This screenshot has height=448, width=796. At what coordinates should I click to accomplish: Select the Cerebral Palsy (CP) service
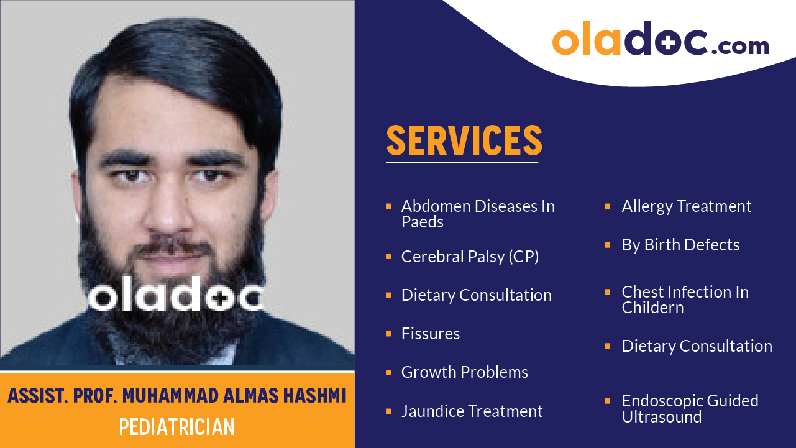[x=470, y=257]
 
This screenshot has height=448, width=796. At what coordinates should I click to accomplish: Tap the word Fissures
[x=431, y=334]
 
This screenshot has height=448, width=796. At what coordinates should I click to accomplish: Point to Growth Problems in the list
[x=464, y=372]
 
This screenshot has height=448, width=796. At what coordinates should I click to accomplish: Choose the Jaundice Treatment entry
[x=472, y=411]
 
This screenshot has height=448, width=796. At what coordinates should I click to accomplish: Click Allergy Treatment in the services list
[x=687, y=206]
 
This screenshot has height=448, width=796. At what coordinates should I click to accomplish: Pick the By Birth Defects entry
[x=680, y=245]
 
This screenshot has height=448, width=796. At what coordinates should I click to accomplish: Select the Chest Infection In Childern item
[x=685, y=299]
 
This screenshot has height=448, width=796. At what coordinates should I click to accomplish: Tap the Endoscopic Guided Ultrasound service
[x=690, y=408]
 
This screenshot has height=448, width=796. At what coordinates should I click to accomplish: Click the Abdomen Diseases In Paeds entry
[x=477, y=214]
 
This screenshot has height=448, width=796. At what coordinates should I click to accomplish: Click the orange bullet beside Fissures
[x=388, y=334]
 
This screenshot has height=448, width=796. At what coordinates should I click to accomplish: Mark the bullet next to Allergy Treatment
[x=608, y=206]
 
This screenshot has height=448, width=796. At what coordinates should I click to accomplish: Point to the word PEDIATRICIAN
[x=177, y=427]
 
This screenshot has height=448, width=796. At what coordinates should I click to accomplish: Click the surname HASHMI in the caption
[x=314, y=395]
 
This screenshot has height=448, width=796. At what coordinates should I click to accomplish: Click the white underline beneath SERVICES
[x=462, y=162]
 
